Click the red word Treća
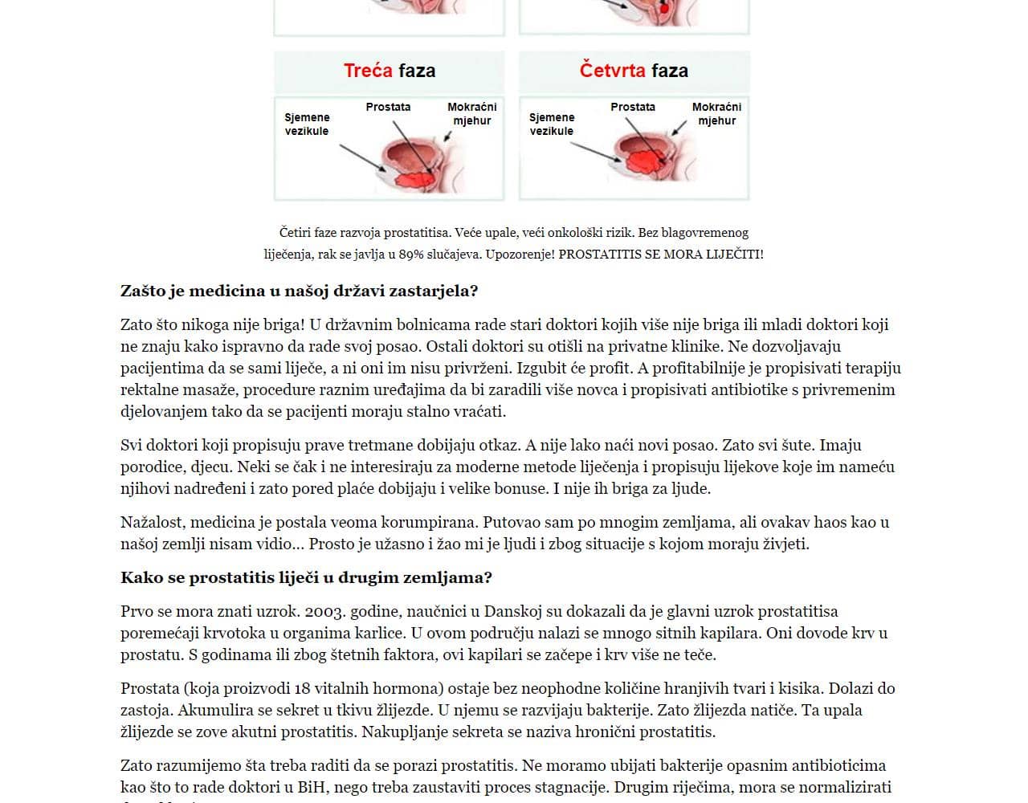pos(368,71)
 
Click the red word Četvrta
pos(612,71)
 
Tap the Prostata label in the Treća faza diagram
pos(388,107)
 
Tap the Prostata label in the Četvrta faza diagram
pos(633,107)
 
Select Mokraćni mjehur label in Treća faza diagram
pos(472,113)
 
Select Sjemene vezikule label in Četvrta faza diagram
pos(551,124)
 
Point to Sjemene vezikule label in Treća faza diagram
pos(307,124)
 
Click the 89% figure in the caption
pos(411,255)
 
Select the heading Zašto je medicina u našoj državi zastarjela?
pos(299,291)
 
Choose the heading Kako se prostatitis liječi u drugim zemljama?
pos(306,578)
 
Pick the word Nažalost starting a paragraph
pos(153,523)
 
